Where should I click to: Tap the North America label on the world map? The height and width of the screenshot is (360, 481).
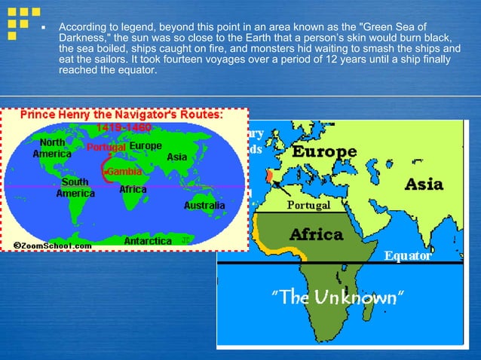52,148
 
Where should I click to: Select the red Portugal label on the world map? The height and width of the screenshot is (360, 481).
106,147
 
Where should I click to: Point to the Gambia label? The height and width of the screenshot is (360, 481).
125,172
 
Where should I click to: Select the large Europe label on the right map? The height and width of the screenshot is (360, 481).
324,152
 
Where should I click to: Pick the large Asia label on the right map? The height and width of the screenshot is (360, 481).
424,184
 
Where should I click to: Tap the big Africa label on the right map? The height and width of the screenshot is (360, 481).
317,233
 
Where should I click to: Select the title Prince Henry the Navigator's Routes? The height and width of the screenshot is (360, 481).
121,115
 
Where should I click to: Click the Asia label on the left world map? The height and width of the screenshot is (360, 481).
177,157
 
